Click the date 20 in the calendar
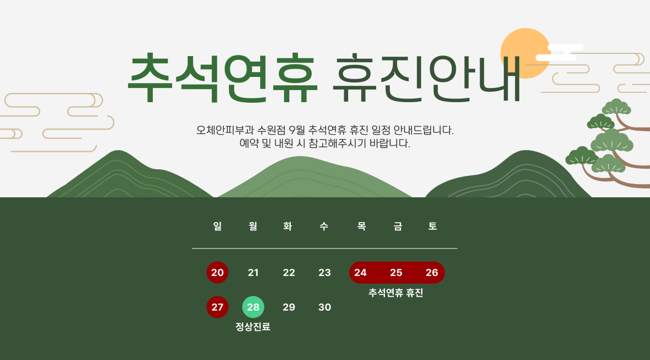click(217, 273)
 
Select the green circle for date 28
click(254, 307)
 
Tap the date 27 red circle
click(217, 307)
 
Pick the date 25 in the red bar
click(396, 273)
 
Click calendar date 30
click(324, 307)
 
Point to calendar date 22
click(289, 273)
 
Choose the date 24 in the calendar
click(360, 273)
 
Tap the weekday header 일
click(217, 226)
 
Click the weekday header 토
click(432, 226)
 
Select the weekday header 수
click(324, 226)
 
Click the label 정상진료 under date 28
click(253, 327)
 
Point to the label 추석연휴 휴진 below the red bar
click(396, 293)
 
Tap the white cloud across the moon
click(559, 53)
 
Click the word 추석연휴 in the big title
click(223, 77)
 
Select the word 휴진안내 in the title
click(427, 77)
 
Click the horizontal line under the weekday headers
click(324, 248)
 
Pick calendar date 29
click(289, 307)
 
